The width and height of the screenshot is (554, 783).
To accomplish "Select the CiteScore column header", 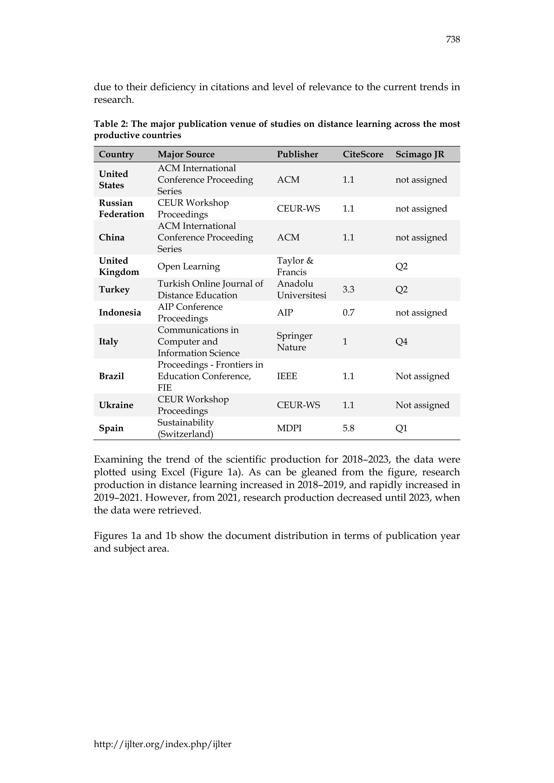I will [x=363, y=154].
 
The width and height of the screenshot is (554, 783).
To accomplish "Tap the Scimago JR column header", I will [x=420, y=154].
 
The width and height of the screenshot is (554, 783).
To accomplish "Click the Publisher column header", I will [x=297, y=154].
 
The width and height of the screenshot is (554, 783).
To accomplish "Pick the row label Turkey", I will [x=114, y=290].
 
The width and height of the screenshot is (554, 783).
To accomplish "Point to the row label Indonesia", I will [x=120, y=313].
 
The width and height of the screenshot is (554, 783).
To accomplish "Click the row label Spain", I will [x=111, y=428].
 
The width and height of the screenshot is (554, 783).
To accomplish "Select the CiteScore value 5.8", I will [x=348, y=428].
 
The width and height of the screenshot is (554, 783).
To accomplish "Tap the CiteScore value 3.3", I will [x=348, y=290].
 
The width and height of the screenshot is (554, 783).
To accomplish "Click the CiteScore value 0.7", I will [x=348, y=313].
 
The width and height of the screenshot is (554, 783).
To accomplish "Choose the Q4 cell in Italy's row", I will [x=401, y=342].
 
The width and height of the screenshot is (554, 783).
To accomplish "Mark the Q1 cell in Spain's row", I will [x=401, y=428].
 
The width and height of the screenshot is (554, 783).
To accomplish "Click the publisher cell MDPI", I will [x=289, y=428].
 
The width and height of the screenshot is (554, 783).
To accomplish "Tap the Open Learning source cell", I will [x=188, y=266].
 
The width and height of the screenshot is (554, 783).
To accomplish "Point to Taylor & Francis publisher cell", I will [x=295, y=266].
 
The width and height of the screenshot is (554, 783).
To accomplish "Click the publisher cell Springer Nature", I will [x=294, y=342].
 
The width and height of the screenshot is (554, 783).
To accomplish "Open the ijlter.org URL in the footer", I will [x=162, y=744].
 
